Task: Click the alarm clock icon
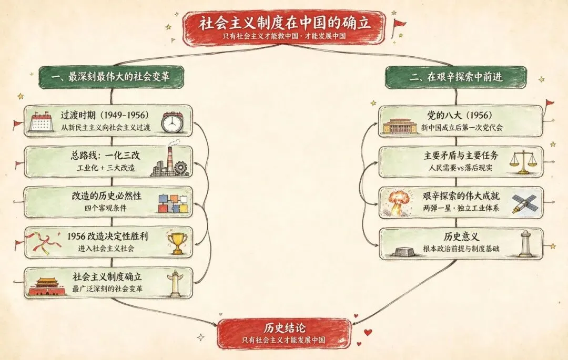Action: [x=172, y=122]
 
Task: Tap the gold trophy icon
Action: [x=178, y=242]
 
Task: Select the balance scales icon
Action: [x=522, y=162]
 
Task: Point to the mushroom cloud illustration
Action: [x=399, y=203]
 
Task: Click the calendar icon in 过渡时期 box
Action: [x=42, y=121]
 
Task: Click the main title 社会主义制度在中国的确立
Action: [x=285, y=23]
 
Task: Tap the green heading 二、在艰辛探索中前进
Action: [x=456, y=77]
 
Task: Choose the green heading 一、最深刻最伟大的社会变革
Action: [x=110, y=77]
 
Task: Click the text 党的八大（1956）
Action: [x=460, y=116]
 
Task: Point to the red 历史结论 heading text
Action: [x=285, y=328]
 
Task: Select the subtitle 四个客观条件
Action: [x=105, y=208]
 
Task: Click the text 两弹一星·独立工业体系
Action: [x=461, y=208]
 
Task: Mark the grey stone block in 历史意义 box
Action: [x=404, y=251]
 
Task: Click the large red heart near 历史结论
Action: [x=368, y=332]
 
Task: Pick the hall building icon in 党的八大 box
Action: [x=400, y=126]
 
